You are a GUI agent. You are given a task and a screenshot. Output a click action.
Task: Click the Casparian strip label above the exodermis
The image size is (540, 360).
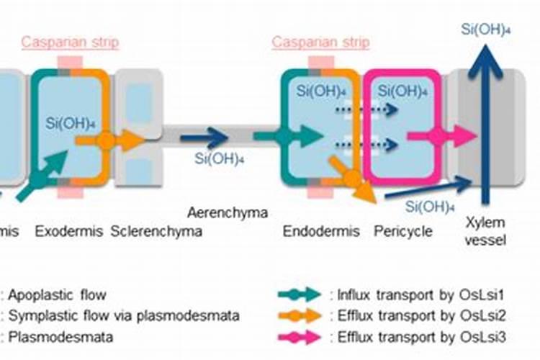(70, 42)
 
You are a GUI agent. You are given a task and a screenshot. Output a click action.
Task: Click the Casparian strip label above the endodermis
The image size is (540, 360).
(320, 42)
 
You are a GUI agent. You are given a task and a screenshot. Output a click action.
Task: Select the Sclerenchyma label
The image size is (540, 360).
(156, 232)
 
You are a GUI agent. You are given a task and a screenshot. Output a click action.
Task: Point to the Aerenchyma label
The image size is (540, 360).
(228, 212)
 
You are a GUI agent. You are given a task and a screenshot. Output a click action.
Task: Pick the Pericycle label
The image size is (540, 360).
(403, 232)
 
